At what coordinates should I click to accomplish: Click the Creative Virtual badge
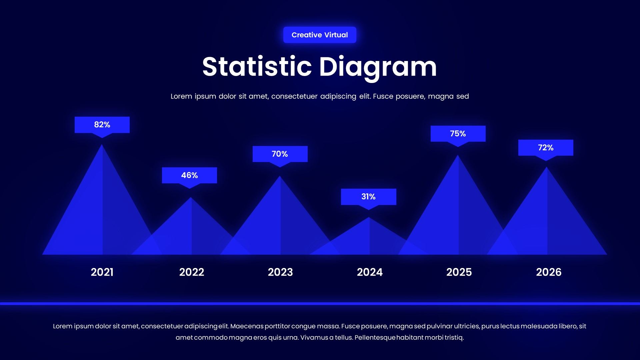click(x=320, y=35)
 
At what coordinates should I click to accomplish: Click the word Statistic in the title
click(x=257, y=67)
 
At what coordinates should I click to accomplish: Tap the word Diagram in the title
click(x=378, y=67)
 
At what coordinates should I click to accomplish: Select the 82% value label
click(x=102, y=125)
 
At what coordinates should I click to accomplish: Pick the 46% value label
click(x=189, y=175)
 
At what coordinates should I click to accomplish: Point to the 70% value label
click(x=280, y=154)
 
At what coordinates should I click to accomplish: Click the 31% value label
click(x=368, y=197)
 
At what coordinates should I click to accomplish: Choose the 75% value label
click(x=458, y=134)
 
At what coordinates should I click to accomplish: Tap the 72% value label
click(x=546, y=148)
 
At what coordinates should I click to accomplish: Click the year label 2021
click(x=102, y=272)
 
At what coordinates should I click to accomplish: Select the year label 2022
click(x=192, y=272)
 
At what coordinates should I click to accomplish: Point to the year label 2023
click(x=280, y=272)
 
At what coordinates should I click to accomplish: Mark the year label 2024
click(x=370, y=272)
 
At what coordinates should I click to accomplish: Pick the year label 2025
click(x=459, y=272)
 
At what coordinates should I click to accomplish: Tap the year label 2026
click(x=549, y=272)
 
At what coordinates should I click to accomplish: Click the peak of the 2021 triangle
click(x=102, y=146)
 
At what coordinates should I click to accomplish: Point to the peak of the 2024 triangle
click(x=369, y=218)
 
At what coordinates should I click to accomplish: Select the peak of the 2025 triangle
click(x=458, y=156)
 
